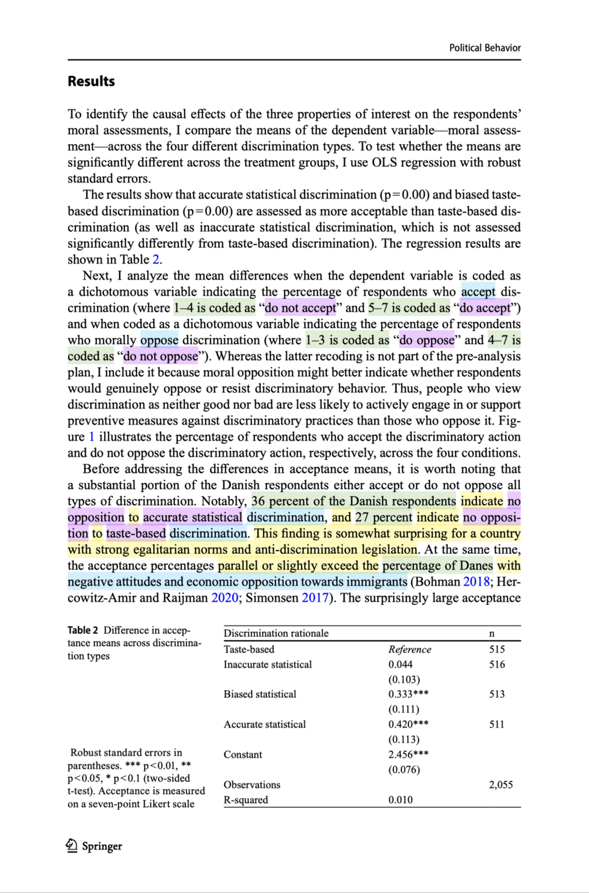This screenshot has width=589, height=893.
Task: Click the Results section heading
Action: pos(91,82)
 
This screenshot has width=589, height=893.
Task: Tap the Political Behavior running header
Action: pos(484,48)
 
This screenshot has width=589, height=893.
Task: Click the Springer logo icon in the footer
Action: pos(72,846)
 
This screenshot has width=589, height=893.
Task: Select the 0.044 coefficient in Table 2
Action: pos(400,664)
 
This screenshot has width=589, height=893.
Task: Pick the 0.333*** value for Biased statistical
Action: pos(408,694)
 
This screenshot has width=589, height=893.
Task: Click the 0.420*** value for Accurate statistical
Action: pos(408,724)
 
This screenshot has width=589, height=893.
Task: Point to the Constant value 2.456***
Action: pos(408,755)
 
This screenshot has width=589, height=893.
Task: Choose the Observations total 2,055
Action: pos(500,785)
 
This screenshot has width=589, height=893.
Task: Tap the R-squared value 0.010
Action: pos(400,800)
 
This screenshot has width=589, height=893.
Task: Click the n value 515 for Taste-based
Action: pos(497,649)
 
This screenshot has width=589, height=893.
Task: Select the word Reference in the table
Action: pos(409,649)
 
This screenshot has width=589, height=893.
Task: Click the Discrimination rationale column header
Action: pos(276,633)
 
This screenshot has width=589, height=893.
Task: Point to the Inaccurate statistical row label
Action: pos(267,664)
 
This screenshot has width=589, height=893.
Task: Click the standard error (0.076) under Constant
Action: pos(404,770)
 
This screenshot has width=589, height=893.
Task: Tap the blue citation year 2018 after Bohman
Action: pos(476,582)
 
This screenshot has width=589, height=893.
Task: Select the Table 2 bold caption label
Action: pos(83,630)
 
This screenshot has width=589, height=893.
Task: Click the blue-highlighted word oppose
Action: pos(159,340)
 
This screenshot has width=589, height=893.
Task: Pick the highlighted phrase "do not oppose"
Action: pos(161,356)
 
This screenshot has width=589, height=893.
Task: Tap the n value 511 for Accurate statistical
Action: pos(497,724)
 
